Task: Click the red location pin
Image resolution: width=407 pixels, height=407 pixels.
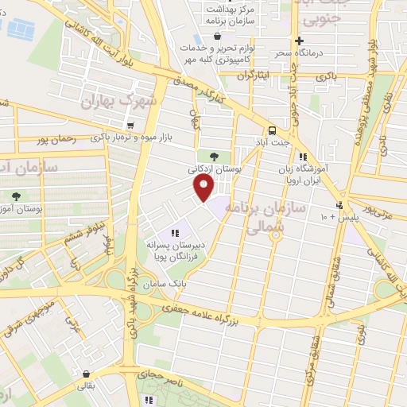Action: pyautogui.click(x=205, y=188)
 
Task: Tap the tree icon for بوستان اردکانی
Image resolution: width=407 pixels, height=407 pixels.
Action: pyautogui.click(x=214, y=154)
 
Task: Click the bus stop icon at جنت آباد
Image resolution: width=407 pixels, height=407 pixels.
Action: pyautogui.click(x=273, y=130)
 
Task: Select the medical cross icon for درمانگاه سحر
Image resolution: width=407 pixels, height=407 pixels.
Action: pyautogui.click(x=298, y=41)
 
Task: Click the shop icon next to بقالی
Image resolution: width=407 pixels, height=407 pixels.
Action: pyautogui.click(x=85, y=374)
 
